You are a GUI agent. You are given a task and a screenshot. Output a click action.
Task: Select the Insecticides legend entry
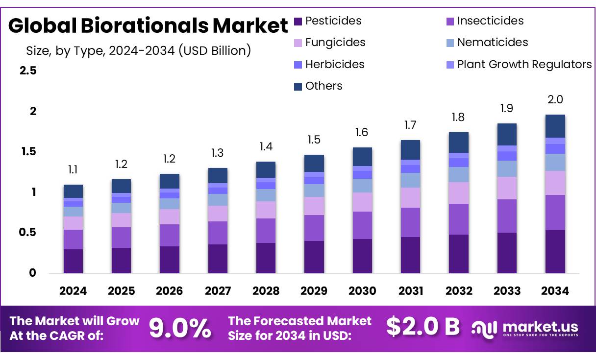pos(490,21)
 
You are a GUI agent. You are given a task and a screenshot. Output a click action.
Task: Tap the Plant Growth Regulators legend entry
pos(524,64)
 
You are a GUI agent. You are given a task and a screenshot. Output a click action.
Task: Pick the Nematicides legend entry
pos(492,43)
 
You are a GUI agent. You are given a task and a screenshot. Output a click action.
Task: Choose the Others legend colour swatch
pos(298,87)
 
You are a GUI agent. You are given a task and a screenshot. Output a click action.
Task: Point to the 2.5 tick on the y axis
pos(28,71)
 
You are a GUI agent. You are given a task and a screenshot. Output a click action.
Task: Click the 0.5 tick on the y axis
pos(28,232)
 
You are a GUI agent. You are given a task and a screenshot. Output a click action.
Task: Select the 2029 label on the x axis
pos(314,291)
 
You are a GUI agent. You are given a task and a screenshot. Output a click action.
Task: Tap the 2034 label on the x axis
pos(555,291)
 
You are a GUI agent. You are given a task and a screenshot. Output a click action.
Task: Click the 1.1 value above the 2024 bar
pos(73,170)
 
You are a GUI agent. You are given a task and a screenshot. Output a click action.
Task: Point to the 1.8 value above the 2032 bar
pos(458,118)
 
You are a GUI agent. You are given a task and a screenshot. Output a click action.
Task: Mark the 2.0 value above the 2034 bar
pos(555,99)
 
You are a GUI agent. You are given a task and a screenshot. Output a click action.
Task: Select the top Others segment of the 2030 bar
pos(362,157)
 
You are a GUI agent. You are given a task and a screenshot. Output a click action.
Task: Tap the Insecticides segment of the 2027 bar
pos(218,233)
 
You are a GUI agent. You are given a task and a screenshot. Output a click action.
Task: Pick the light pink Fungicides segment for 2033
pos(507,188)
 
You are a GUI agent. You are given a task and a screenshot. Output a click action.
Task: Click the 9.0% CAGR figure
pos(180,328)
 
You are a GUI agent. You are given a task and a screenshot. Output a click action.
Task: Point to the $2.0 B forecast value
pos(422,327)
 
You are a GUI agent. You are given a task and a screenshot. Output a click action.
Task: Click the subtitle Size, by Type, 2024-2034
pos(138,50)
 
